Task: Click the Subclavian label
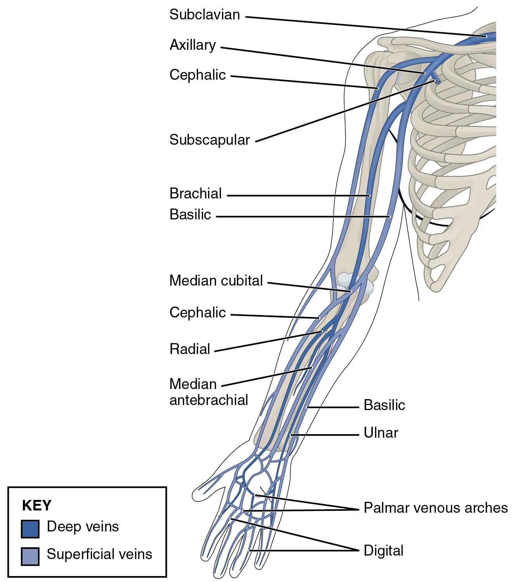coord(205,15)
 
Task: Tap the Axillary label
coord(193,45)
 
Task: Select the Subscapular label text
coord(210,140)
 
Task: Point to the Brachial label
coord(195,193)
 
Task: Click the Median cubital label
coord(216,280)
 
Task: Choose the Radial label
coord(190,349)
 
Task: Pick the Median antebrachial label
coord(209,392)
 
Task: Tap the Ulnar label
coord(381,433)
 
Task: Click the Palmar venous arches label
coord(436,508)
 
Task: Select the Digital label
coord(384,551)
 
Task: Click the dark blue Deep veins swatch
coord(30,529)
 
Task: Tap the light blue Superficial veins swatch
coord(30,556)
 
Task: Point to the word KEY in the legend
coord(37,505)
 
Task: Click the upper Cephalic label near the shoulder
coord(198,75)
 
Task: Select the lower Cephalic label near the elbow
coord(198,313)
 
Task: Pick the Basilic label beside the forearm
coord(384,405)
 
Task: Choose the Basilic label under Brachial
coord(190,215)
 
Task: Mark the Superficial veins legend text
coord(99,554)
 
